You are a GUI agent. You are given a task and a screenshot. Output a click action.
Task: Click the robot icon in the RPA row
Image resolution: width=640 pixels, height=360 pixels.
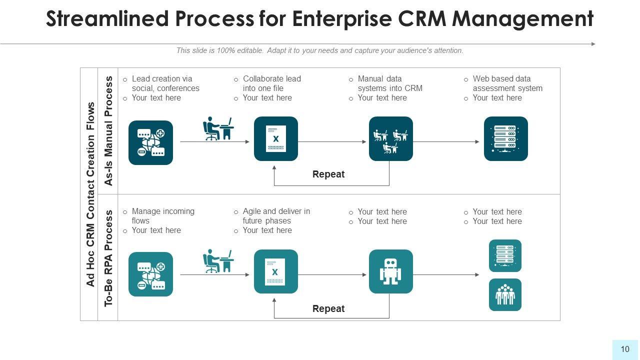tap(390, 271)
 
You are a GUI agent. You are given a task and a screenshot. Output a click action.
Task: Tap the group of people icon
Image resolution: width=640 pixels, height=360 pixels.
tap(505, 295)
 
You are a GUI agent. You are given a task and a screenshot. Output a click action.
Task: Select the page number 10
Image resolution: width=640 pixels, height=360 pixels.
tap(625, 349)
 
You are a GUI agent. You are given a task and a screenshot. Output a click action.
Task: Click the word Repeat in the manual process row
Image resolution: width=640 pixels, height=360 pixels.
tap(328, 174)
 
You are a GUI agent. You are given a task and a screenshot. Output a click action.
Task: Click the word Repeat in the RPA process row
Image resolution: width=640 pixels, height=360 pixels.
tap(328, 309)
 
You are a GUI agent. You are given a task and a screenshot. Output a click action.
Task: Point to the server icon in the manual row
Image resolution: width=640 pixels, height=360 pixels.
tap(505, 138)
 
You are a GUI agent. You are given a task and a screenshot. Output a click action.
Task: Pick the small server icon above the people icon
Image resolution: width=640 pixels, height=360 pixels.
tap(505, 255)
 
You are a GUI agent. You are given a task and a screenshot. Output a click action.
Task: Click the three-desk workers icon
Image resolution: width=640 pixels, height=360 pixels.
tap(390, 139)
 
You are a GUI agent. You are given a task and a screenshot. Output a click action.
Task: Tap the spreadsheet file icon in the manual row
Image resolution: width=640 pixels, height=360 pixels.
tap(275, 139)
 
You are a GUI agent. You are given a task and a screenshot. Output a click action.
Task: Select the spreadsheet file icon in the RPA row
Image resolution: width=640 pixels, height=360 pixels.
tap(275, 271)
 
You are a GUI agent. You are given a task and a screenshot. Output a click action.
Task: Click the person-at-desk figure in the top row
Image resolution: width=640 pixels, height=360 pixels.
tap(218, 128)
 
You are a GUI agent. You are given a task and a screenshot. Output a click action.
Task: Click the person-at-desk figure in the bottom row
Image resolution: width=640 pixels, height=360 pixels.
tap(218, 261)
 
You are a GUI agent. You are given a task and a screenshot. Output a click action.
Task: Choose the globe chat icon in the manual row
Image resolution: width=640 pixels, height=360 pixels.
tap(150, 142)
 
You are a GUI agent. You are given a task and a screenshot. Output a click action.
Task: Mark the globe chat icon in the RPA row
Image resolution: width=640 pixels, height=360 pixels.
tap(150, 274)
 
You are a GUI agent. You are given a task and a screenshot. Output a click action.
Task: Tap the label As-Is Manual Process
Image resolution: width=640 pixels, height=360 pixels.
tap(108, 131)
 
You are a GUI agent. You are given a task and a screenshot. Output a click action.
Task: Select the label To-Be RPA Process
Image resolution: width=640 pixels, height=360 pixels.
tap(108, 257)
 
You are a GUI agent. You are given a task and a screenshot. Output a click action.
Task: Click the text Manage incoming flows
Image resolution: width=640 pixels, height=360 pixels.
tap(162, 216)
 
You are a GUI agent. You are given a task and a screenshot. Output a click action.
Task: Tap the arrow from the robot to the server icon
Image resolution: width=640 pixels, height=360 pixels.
tap(446, 274)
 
